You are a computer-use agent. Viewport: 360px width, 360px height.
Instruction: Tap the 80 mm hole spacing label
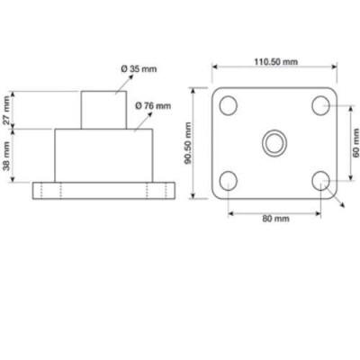pyautogui.click(x=274, y=219)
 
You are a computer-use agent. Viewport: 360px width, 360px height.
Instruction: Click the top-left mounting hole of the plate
pyautogui.click(x=228, y=105)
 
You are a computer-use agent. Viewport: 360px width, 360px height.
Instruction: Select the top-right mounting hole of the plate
pyautogui.click(x=321, y=105)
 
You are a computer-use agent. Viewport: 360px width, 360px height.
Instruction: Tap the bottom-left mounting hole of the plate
pyautogui.click(x=228, y=180)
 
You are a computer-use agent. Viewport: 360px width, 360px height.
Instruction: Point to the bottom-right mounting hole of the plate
pyautogui.click(x=321, y=180)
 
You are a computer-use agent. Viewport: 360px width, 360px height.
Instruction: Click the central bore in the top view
pyautogui.click(x=274, y=142)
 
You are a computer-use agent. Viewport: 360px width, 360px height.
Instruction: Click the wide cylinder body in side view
pyautogui.click(x=100, y=155)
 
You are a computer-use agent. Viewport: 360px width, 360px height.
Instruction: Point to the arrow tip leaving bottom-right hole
pyautogui.click(x=343, y=206)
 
